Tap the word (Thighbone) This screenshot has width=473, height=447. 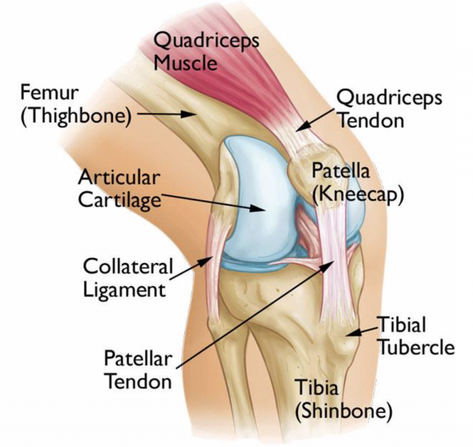coord(76,116)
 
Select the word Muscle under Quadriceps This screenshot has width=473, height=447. coord(185,63)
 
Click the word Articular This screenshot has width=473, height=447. coord(119,178)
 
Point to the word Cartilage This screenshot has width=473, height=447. coord(120,200)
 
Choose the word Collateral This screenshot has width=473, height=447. coord(127,266)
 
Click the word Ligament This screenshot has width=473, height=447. coord(124,290)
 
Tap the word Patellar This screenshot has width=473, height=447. coord(138,358)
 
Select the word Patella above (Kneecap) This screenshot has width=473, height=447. coord(340,170)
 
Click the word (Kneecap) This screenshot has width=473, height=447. coord(358,194)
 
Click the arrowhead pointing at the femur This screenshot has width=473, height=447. coord(188,114)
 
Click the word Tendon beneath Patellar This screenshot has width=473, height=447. coord(139,381)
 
